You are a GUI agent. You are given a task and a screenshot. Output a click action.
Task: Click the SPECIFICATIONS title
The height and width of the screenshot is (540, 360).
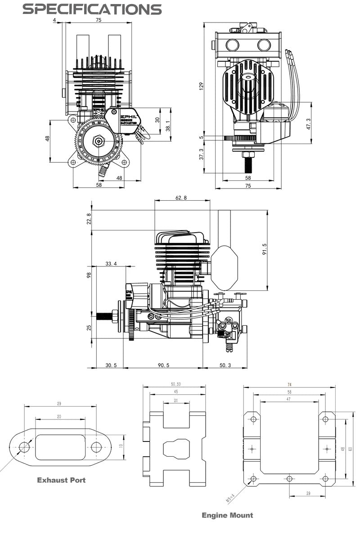click(92, 9)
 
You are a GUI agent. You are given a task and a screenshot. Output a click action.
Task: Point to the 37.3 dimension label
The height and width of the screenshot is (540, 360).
click(202, 155)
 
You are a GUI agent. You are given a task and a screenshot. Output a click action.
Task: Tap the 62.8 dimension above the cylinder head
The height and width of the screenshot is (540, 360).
click(182, 198)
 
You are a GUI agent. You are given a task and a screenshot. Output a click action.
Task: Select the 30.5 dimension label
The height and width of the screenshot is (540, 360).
click(111, 365)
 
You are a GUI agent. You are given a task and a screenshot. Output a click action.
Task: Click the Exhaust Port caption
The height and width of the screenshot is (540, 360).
click(61, 480)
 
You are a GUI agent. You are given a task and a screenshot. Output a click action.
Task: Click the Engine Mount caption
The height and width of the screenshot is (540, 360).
click(227, 515)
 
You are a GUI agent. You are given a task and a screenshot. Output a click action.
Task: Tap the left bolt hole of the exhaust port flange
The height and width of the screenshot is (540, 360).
click(24, 447)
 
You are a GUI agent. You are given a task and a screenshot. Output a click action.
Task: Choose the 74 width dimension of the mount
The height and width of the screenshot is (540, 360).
click(289, 384)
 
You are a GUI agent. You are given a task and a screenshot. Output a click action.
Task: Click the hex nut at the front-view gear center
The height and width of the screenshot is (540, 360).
click(98, 141)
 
